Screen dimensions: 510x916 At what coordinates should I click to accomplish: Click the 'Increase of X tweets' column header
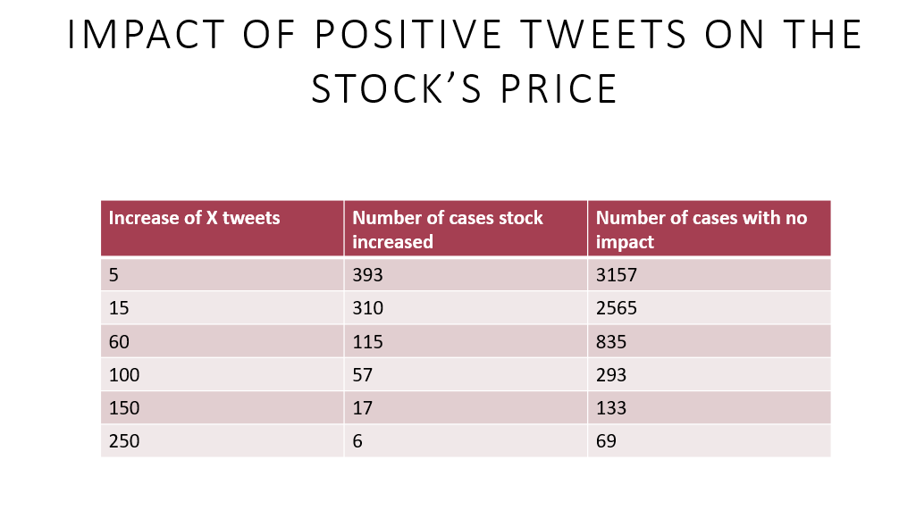click(x=194, y=218)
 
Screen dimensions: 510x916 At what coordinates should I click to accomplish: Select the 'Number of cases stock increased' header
click(x=447, y=230)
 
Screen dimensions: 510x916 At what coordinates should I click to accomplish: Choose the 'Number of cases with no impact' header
click(x=701, y=230)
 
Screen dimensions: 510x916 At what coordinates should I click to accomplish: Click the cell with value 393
click(x=367, y=275)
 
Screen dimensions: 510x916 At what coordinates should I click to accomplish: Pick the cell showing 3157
click(x=617, y=275)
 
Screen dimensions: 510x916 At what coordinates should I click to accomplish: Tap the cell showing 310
click(x=367, y=308)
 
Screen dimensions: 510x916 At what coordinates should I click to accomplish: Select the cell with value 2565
click(x=617, y=308)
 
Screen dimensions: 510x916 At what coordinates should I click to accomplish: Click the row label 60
click(x=119, y=341)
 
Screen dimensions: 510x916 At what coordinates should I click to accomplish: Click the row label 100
click(x=123, y=375)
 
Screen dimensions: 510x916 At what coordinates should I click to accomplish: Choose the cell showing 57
click(x=362, y=375)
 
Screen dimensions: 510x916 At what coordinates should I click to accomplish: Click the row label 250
click(x=123, y=441)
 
